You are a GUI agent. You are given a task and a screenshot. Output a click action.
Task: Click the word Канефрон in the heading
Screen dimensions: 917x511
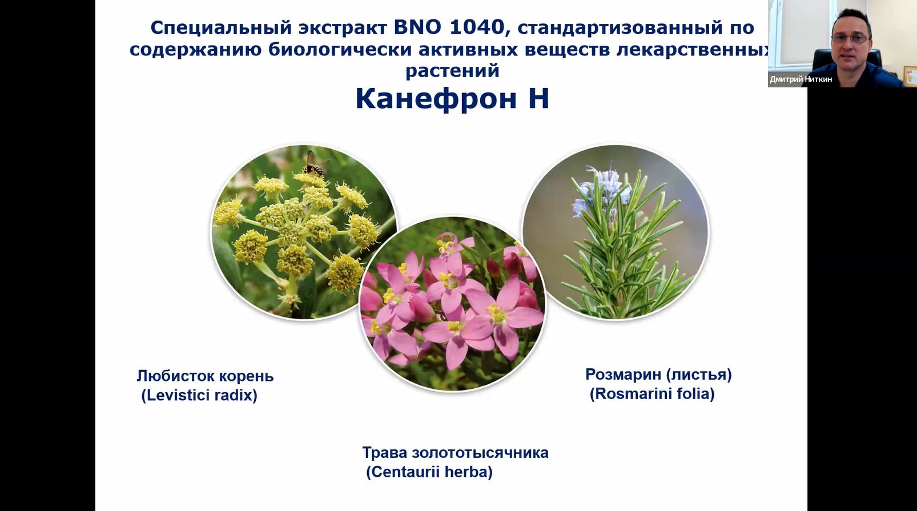point(436,99)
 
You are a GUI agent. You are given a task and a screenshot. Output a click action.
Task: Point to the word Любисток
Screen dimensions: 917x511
point(176,376)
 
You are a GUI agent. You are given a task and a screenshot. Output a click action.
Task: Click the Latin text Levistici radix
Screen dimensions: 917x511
point(199,395)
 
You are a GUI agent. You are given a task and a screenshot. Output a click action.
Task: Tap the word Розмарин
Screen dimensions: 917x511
point(623,374)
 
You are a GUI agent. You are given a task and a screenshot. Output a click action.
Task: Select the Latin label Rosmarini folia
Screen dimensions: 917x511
point(652,394)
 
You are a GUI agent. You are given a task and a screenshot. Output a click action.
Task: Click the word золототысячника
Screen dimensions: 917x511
point(480,453)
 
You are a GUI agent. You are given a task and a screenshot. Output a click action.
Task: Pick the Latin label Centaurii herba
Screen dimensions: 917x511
point(429,472)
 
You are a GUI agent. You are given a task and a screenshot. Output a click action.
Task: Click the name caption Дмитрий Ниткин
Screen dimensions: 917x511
point(801,79)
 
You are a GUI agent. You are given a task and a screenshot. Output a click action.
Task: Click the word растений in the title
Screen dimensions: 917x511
point(452,71)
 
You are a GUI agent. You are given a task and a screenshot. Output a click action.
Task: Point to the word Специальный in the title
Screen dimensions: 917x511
point(221,28)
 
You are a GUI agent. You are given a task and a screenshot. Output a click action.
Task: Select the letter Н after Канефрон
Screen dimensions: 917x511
point(538,99)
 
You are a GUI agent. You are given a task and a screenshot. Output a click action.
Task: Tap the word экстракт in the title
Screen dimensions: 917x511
point(343,28)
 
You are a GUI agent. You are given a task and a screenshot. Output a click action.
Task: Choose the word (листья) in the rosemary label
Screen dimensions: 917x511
point(699,374)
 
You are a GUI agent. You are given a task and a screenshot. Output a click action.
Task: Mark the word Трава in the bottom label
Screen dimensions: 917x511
point(385,453)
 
